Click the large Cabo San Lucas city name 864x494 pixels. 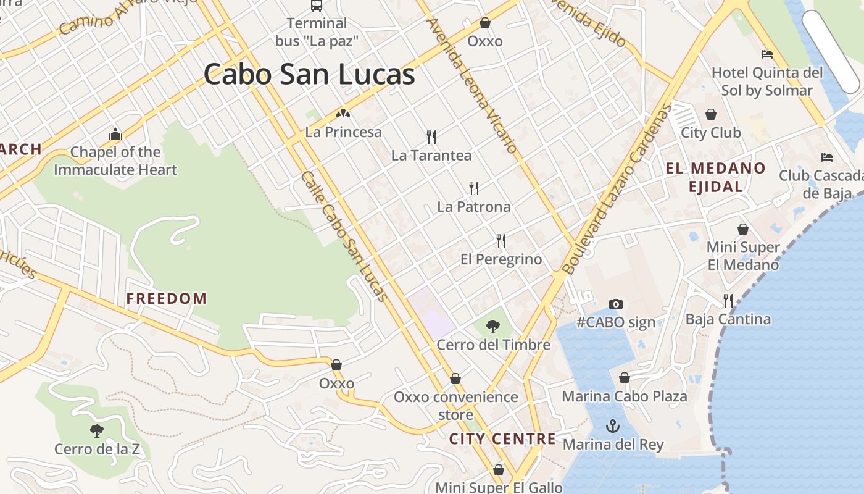[309, 75]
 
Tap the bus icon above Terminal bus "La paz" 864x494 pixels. [317, 6]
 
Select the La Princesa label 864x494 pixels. [344, 132]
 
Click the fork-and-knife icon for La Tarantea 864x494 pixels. [431, 137]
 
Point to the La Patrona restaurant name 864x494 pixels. [474, 207]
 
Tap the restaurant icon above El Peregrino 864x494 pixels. [501, 241]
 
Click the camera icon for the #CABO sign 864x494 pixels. [616, 304]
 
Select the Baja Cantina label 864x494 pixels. [728, 319]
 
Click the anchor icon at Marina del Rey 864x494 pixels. [613, 426]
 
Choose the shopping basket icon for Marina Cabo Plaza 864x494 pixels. [625, 378]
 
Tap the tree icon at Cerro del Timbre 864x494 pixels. [493, 326]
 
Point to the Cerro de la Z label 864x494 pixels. [97, 449]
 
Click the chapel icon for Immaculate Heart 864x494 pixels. [115, 134]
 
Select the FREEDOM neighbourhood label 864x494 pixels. [167, 299]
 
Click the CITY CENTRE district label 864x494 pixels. [502, 439]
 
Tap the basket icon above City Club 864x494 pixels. [711, 114]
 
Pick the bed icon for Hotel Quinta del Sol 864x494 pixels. [767, 54]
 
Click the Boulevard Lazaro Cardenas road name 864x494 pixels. [617, 188]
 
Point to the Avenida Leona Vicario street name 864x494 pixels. [472, 85]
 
